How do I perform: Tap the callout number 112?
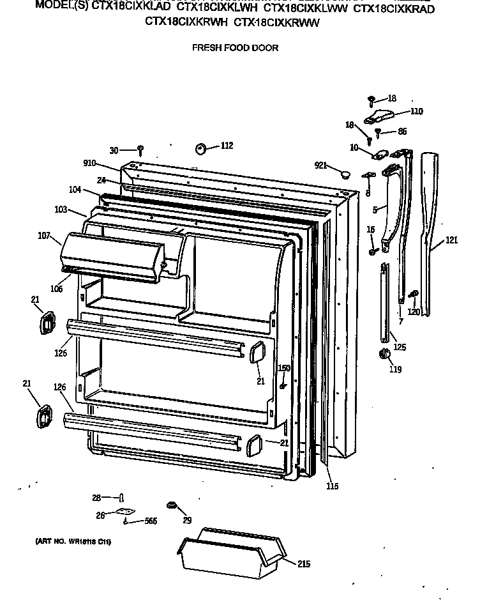point(227,146)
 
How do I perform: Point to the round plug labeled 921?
point(345,173)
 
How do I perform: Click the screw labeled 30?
point(140,150)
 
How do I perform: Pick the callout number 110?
point(416,111)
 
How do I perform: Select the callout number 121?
point(452,240)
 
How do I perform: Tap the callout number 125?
point(400,348)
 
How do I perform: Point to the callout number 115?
point(332,487)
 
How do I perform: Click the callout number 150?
point(284,368)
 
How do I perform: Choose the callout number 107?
point(44,236)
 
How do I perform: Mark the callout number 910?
point(89,163)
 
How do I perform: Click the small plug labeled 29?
point(171,506)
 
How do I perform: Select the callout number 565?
point(151,521)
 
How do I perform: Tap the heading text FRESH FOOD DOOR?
point(236,47)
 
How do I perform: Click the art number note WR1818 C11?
point(73,542)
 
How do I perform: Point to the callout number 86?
point(402,132)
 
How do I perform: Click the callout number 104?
point(75,190)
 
